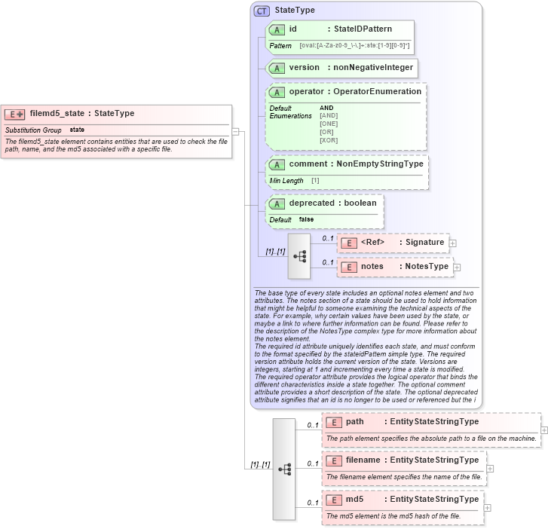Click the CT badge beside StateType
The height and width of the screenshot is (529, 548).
click(x=262, y=11)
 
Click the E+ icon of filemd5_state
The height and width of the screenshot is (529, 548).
click(x=14, y=114)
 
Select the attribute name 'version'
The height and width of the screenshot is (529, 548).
click(x=305, y=68)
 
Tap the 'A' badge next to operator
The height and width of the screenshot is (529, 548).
click(x=277, y=92)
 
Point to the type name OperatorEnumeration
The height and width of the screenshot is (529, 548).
click(x=377, y=92)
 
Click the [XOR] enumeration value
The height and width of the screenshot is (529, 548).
click(x=329, y=140)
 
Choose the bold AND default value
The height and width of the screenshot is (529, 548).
click(x=326, y=108)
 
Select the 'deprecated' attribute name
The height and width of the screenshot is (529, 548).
click(x=311, y=203)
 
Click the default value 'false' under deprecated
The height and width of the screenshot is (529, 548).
click(x=306, y=219)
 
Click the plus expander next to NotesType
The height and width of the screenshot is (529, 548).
click(x=457, y=267)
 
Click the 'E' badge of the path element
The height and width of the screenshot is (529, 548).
click(x=333, y=422)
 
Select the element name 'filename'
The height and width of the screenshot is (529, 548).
click(x=364, y=460)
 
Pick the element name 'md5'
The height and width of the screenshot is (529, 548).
click(x=355, y=500)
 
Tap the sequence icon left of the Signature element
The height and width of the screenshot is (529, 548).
click(x=299, y=255)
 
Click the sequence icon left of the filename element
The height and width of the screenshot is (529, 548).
click(x=284, y=469)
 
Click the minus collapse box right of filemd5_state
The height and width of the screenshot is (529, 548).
click(x=235, y=132)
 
